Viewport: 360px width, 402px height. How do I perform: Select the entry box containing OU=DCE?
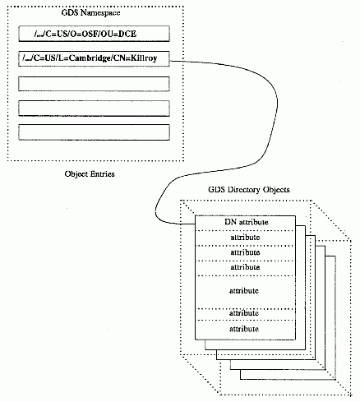point(94,34)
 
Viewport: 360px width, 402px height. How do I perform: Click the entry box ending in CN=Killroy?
point(94,58)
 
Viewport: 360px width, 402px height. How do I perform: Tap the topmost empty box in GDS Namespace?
point(94,84)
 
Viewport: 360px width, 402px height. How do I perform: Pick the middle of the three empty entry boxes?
point(94,109)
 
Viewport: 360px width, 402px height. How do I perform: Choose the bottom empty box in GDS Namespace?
point(94,132)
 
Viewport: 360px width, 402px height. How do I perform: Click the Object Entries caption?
point(90,174)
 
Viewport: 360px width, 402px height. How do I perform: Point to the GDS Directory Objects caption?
point(249,190)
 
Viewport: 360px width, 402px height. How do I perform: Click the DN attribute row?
point(246,223)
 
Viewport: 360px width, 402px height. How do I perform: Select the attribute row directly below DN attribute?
point(246,238)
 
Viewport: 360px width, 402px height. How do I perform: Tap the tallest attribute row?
point(246,292)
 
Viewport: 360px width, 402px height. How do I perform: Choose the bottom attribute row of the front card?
point(246,330)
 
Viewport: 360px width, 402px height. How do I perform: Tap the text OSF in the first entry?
point(90,34)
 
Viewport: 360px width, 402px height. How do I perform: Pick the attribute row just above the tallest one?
point(246,268)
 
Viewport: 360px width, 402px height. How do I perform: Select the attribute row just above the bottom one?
point(246,315)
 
